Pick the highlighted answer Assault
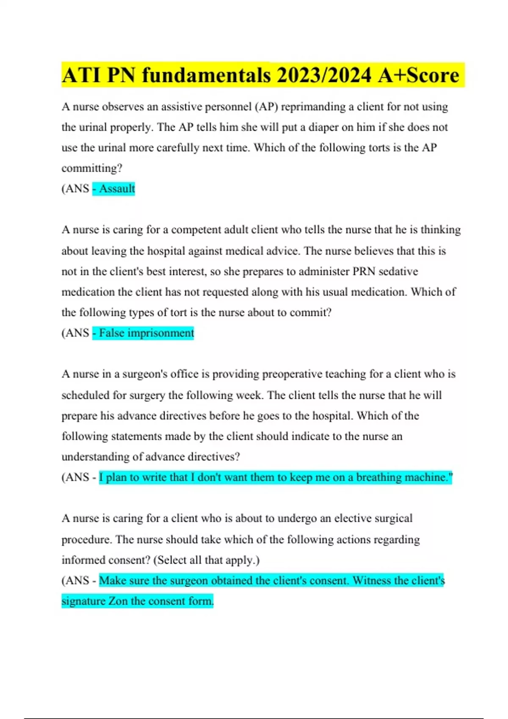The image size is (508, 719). [117, 189]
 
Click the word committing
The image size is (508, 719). [91, 168]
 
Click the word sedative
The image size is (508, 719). [398, 271]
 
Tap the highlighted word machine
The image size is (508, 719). [428, 477]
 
